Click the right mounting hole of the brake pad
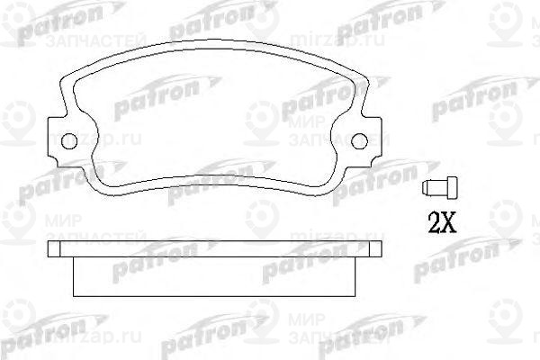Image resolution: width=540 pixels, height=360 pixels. tap(358, 140)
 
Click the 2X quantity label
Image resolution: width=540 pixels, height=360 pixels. tap(440, 220)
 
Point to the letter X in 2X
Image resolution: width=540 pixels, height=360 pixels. tap(449, 220)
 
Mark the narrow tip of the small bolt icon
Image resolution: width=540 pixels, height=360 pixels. tap(449, 188)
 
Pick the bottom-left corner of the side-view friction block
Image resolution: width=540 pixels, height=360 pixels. tap(74, 296)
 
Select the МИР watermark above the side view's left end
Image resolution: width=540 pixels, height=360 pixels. tap(54, 218)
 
